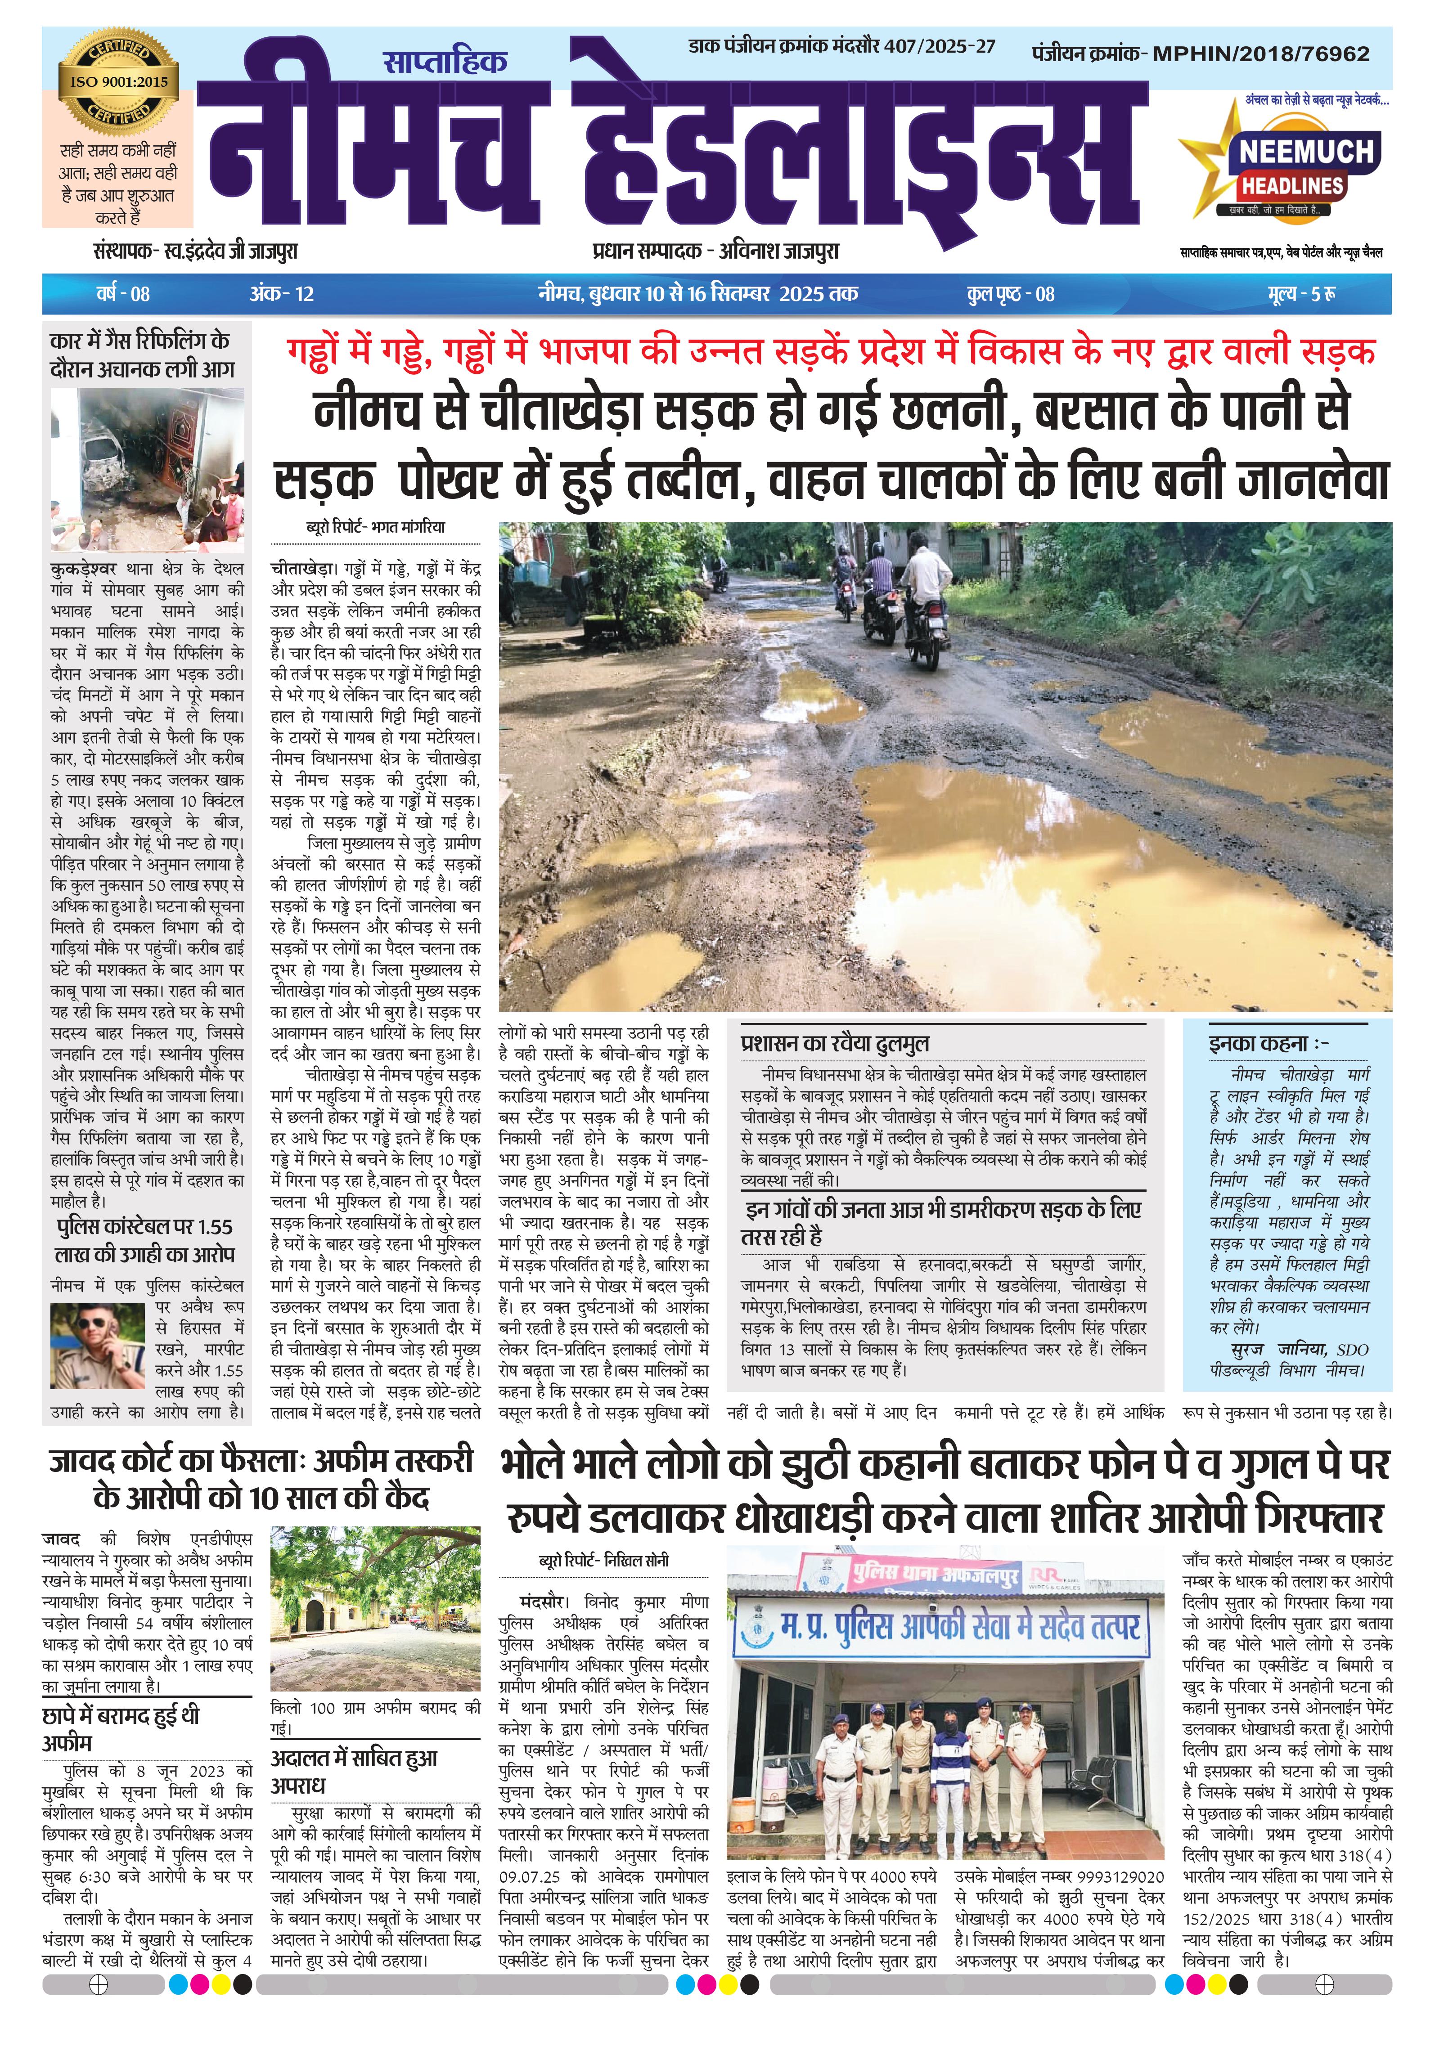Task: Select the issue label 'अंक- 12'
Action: tap(282, 294)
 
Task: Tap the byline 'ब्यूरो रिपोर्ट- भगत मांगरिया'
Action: tap(376, 528)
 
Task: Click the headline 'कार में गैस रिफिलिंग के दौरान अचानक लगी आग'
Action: tap(143, 354)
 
